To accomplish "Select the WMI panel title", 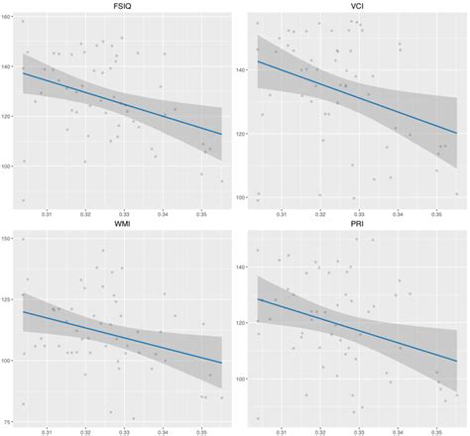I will pos(123,226).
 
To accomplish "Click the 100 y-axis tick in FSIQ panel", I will pos(8,166).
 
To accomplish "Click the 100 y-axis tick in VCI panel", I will pos(241,197).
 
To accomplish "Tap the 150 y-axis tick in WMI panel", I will pos(8,238).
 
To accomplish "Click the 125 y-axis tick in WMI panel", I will pos(8,299).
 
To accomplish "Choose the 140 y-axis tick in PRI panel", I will pos(241,267).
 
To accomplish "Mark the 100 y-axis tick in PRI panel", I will pos(241,379).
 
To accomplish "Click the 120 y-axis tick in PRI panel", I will pos(241,323).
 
